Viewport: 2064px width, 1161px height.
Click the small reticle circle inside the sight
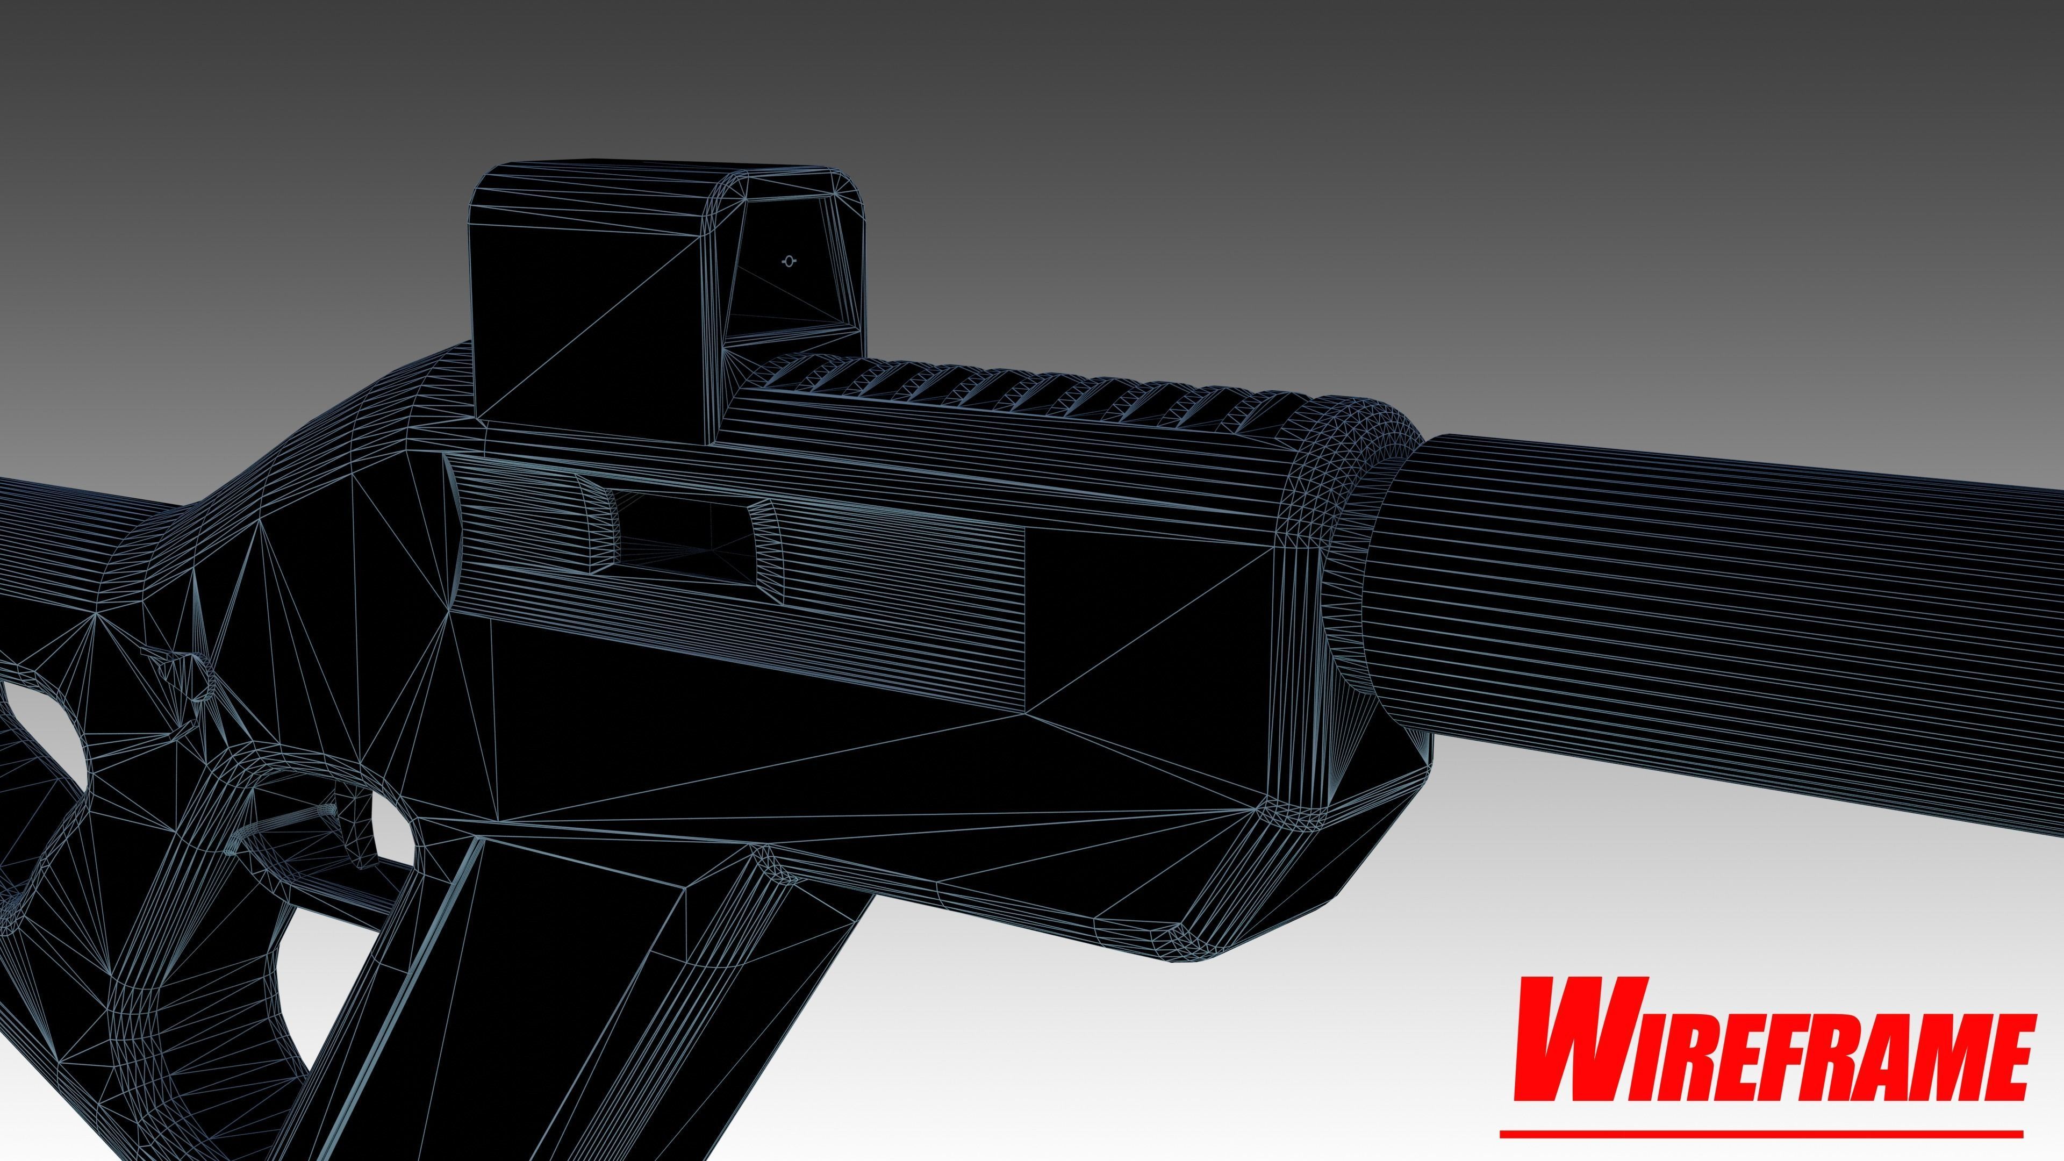pos(789,261)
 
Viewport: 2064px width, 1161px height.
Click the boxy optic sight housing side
pos(589,320)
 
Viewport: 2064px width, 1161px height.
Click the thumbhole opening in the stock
pos(40,737)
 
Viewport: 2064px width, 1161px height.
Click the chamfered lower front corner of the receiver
pos(1202,929)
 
